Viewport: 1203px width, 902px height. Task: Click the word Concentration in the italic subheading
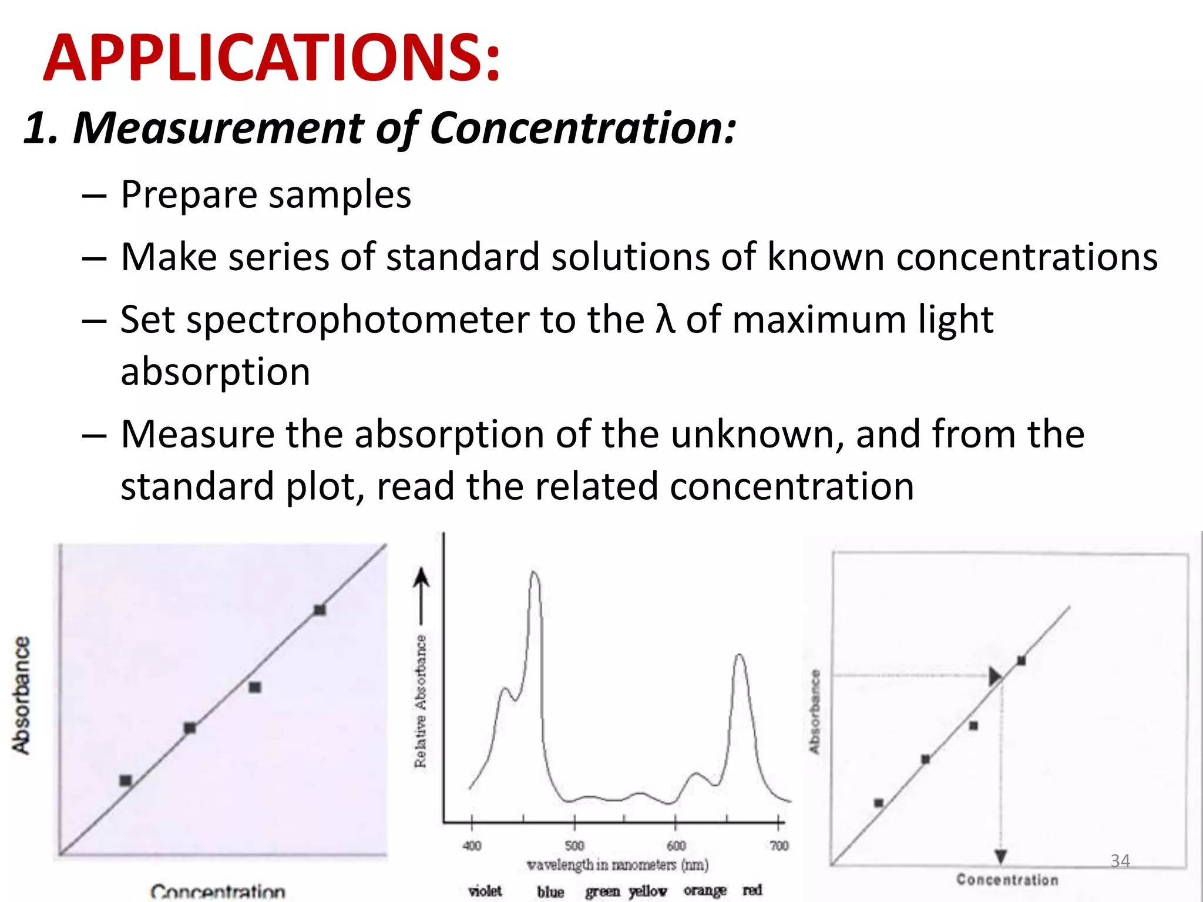pos(582,127)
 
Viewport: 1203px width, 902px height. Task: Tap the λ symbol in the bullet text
pos(665,320)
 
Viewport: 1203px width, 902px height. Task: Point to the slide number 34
pos(1120,861)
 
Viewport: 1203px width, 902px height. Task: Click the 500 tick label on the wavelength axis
pos(574,846)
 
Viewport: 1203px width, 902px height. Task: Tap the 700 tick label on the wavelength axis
pos(779,846)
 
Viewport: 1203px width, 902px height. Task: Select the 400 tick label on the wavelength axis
pos(472,846)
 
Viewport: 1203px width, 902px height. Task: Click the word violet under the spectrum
pos(485,891)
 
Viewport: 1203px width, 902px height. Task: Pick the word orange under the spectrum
pos(705,891)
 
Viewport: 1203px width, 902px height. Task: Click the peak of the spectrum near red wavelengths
pos(740,655)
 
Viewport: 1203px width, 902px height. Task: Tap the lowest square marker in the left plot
pos(126,780)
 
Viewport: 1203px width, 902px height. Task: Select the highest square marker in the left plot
pos(320,610)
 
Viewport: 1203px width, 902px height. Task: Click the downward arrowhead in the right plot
pos(1001,857)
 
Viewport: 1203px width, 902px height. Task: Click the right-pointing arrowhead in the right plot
pos(994,676)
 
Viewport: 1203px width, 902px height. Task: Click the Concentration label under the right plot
pos(1007,879)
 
